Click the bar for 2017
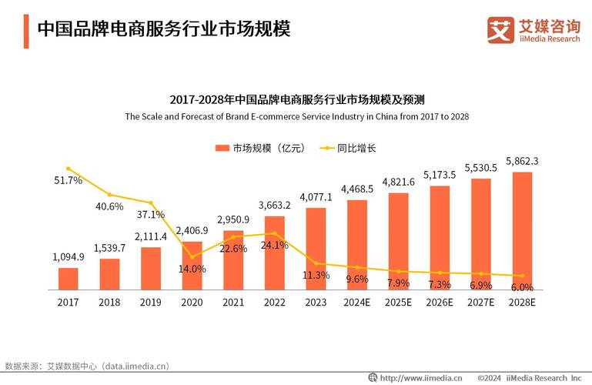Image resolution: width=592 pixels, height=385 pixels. [x=69, y=278]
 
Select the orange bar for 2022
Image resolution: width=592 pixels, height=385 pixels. [x=275, y=253]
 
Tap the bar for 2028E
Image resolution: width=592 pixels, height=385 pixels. [x=522, y=230]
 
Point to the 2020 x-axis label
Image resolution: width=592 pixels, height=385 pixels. [x=192, y=303]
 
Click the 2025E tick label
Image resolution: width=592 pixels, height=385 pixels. [x=399, y=303]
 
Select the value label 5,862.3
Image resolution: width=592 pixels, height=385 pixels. [x=522, y=161]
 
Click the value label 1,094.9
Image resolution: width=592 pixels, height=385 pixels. [x=69, y=256]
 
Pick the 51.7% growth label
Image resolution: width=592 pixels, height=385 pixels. [x=69, y=180]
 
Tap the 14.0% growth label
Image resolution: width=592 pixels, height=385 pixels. [x=192, y=269]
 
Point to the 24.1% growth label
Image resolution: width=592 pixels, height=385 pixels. [x=275, y=246]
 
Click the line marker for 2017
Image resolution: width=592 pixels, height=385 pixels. [x=69, y=168]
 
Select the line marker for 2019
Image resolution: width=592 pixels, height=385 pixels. [x=151, y=203]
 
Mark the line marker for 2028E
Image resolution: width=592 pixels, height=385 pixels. [x=522, y=276]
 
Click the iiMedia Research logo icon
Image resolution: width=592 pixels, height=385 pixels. [x=500, y=29]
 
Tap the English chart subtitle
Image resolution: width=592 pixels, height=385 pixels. [x=296, y=117]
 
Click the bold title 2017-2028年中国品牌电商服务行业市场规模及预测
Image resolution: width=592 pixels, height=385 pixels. [x=296, y=100]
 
